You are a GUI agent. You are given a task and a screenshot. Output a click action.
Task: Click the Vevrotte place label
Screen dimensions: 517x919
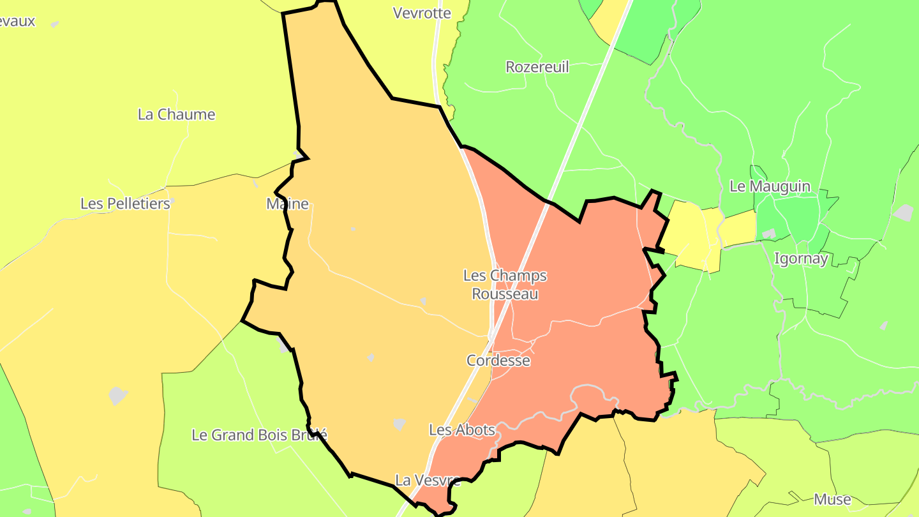422,13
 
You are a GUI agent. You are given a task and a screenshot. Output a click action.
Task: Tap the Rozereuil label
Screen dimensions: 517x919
537,67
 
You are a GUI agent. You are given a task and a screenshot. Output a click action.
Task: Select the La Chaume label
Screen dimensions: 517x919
177,115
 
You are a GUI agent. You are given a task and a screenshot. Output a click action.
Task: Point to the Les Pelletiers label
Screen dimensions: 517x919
125,204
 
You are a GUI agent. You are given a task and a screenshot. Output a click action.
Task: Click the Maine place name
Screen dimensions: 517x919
287,204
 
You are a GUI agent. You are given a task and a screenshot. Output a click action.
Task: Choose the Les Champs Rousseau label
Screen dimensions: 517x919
505,285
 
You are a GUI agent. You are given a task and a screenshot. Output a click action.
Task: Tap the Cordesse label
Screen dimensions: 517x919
498,361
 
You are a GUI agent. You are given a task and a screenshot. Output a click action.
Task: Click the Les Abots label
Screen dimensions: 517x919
462,430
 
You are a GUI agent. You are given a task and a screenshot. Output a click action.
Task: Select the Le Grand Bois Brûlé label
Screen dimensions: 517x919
260,435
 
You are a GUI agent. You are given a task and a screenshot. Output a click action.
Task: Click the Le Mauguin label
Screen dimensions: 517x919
770,186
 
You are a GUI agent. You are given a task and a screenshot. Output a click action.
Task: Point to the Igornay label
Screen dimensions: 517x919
801,258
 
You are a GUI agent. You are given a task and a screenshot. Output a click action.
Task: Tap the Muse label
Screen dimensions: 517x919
832,499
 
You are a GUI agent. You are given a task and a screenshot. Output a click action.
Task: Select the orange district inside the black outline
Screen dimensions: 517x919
383,255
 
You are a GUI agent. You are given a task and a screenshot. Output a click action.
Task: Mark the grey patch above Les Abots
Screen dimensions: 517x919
400,424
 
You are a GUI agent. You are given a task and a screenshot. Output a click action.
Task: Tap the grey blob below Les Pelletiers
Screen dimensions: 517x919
118,395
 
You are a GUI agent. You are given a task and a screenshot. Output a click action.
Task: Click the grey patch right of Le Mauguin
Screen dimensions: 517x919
904,213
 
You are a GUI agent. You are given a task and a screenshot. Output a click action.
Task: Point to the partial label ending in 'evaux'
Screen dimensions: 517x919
17,21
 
